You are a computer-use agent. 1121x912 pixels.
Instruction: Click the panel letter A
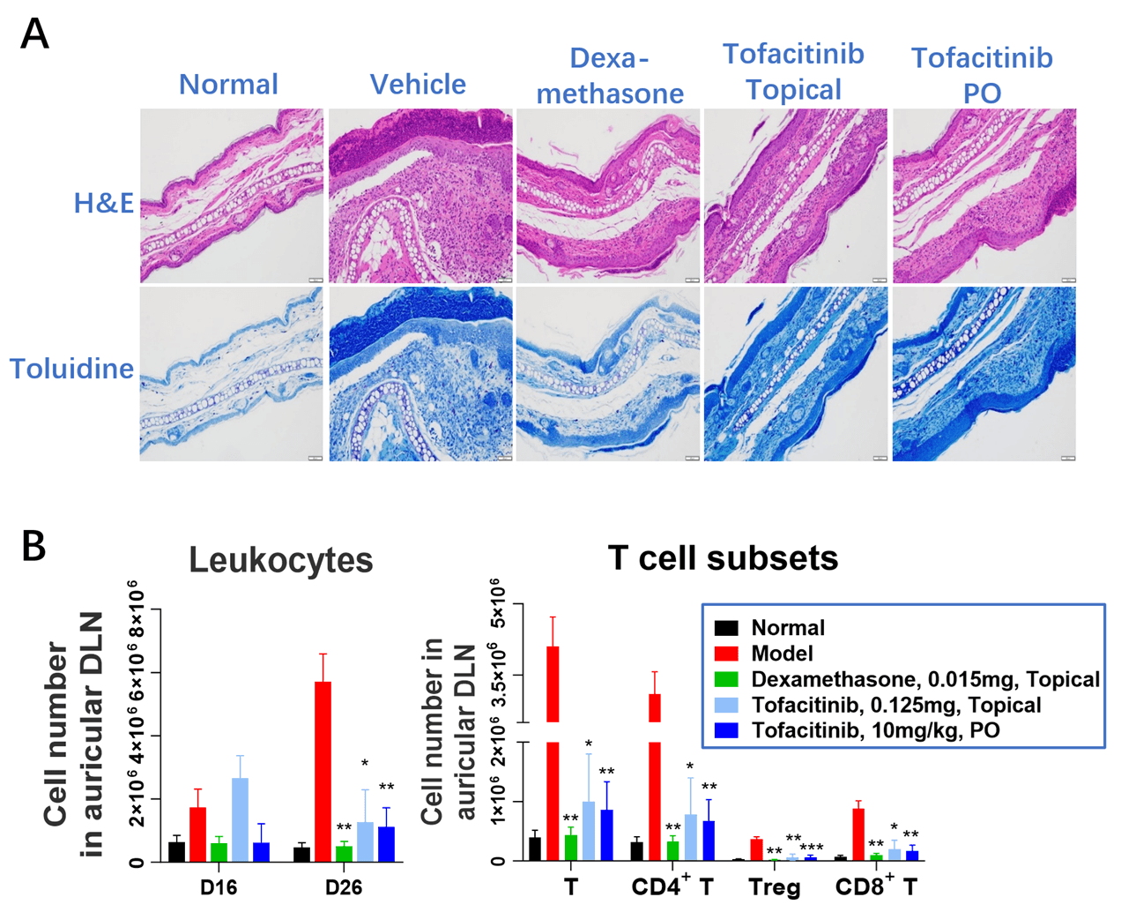coord(34,34)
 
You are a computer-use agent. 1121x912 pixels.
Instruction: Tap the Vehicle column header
coord(418,85)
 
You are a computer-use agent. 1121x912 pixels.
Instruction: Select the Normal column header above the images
coord(228,85)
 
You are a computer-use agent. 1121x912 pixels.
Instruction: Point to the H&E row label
coord(104,203)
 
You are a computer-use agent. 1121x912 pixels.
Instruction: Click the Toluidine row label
coord(71,368)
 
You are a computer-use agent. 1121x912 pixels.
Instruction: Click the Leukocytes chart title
coord(281,560)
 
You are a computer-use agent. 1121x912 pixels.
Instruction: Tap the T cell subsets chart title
coord(723,557)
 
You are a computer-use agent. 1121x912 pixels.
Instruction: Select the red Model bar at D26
coord(323,772)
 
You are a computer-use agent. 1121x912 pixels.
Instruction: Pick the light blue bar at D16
coord(240,819)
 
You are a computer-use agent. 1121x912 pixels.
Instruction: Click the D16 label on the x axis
coord(219,888)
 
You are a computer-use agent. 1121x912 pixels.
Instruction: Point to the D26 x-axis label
coord(344,888)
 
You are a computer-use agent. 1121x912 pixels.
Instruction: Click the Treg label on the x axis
coord(774,888)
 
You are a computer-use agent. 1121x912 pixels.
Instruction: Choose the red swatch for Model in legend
coord(726,654)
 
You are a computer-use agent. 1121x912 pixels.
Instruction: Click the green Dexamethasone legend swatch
coord(726,679)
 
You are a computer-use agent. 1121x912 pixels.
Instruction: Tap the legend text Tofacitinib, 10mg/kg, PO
coord(876,730)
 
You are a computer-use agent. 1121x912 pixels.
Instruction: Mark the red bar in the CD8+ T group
coord(858,834)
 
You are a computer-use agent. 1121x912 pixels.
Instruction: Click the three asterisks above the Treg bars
coord(812,848)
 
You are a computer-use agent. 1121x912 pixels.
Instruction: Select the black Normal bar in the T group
coord(535,848)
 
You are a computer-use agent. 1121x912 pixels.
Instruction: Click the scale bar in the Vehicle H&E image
coord(504,280)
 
